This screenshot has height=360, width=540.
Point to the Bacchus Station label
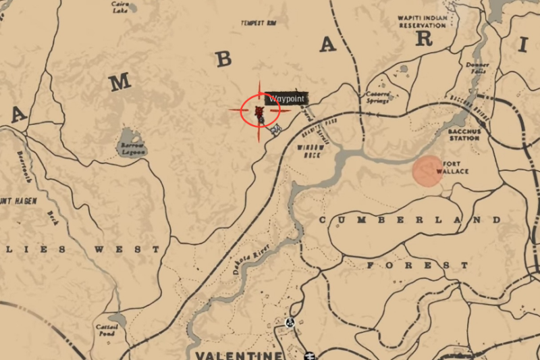pyautogui.click(x=464, y=134)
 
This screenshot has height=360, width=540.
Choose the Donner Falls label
pyautogui.click(x=477, y=68)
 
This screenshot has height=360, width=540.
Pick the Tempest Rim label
pyautogui.click(x=260, y=23)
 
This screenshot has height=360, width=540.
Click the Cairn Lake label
pyautogui.click(x=122, y=6)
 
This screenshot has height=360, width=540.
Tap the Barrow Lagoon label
pyautogui.click(x=132, y=149)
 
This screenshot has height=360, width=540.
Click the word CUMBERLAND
pyautogui.click(x=410, y=220)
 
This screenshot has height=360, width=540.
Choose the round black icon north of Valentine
pyautogui.click(x=290, y=322)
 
